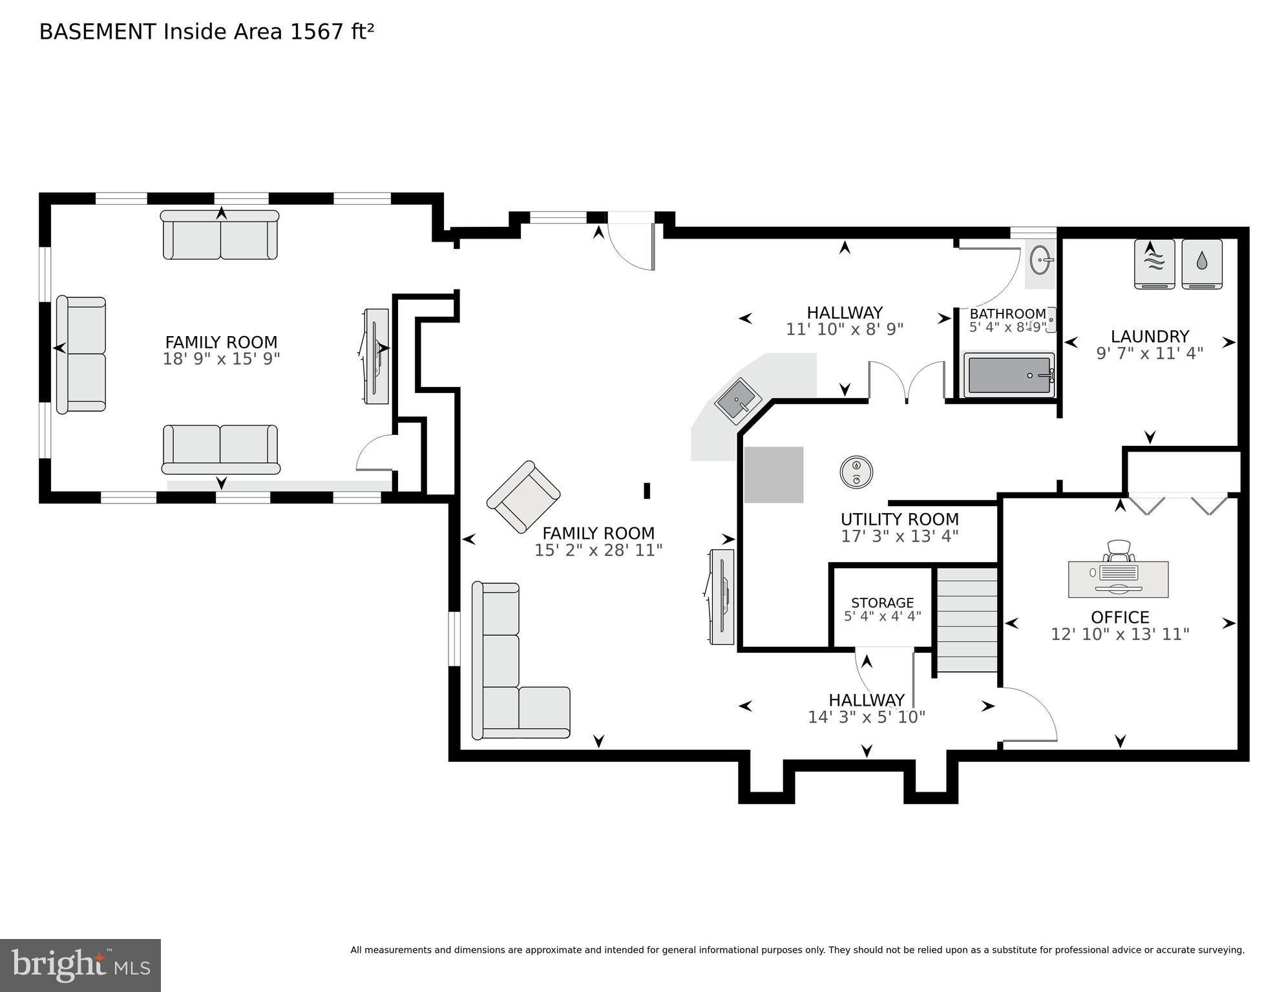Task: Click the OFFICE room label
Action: click(x=1119, y=617)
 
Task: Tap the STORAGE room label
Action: click(x=882, y=602)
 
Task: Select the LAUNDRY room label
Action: click(x=1150, y=337)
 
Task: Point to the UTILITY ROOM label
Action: click(x=900, y=520)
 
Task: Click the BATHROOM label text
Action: click(x=1007, y=314)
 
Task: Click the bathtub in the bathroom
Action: click(x=1009, y=375)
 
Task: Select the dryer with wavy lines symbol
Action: click(x=1155, y=264)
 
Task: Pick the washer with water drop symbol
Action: click(x=1202, y=264)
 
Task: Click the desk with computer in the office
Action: click(x=1118, y=577)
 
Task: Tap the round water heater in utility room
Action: click(x=856, y=472)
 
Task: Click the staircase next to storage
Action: click(x=967, y=619)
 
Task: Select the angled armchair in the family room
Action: click(x=523, y=497)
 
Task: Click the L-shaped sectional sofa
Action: click(x=510, y=679)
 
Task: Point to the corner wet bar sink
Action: click(x=738, y=402)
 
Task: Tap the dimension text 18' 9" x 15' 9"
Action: click(x=221, y=359)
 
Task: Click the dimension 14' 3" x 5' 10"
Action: click(x=866, y=717)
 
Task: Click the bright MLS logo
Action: click(x=80, y=965)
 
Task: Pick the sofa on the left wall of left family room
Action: click(x=81, y=354)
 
